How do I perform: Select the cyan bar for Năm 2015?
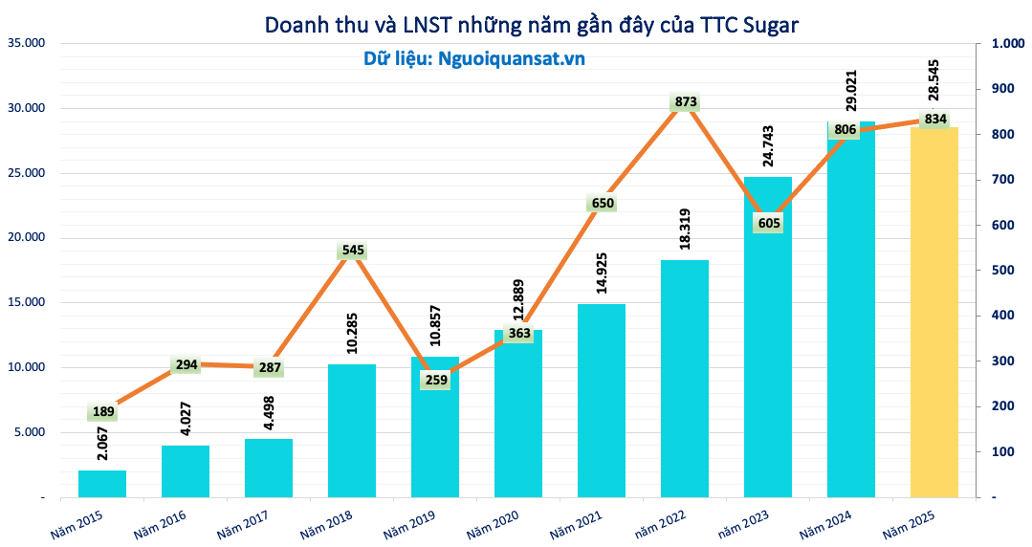pos(102,484)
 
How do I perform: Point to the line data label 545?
pos(352,251)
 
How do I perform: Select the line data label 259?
pos(435,380)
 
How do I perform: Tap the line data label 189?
pos(102,412)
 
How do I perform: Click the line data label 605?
pos(769,223)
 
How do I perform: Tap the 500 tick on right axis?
pos(1002,271)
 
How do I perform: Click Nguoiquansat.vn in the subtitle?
pos(511,58)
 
